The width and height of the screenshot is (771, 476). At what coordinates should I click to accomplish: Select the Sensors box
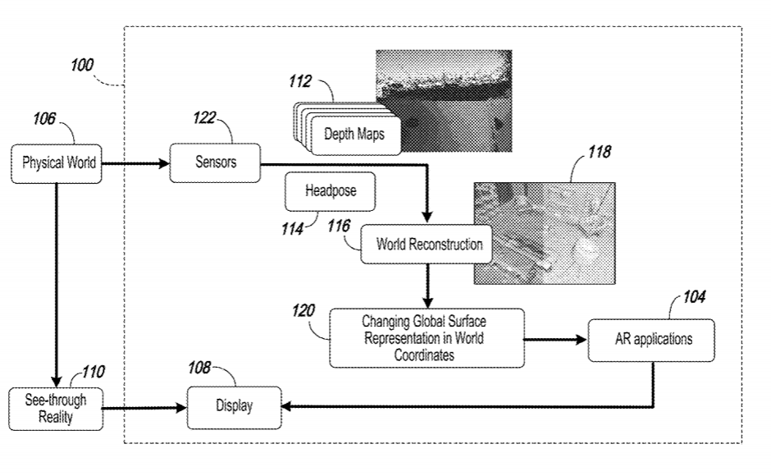[215, 162]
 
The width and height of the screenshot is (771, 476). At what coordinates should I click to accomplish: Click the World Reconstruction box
[429, 245]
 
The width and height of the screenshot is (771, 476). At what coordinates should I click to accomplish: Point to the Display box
[234, 405]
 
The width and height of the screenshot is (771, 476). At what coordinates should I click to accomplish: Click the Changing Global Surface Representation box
[426, 337]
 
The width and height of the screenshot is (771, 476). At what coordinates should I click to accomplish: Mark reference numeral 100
[81, 64]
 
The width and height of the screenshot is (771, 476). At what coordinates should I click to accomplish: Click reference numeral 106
[45, 119]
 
